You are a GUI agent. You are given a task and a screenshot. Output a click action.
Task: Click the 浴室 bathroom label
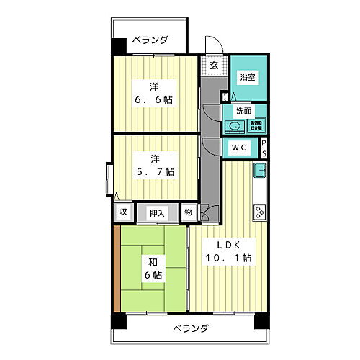tap(247, 76)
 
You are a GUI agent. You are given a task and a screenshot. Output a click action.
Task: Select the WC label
tap(240, 148)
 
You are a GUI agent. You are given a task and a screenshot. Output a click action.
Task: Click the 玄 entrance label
tap(214, 65)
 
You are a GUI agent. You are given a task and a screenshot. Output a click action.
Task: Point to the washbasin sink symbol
tap(234, 127)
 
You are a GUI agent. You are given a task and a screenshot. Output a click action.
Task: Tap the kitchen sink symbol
tap(259, 173)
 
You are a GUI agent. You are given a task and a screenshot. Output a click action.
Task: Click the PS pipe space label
tap(264, 148)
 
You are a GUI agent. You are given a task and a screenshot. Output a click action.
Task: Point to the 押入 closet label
tap(157, 212)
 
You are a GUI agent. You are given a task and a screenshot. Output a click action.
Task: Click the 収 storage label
tap(123, 212)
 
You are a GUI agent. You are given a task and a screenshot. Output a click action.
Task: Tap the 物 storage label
tap(187, 212)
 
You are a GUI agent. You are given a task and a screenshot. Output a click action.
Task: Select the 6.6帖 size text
tap(154, 99)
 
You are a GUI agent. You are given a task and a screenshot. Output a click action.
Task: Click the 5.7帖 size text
tap(154, 171)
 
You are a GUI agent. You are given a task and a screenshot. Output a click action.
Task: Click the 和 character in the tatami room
tap(153, 261)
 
